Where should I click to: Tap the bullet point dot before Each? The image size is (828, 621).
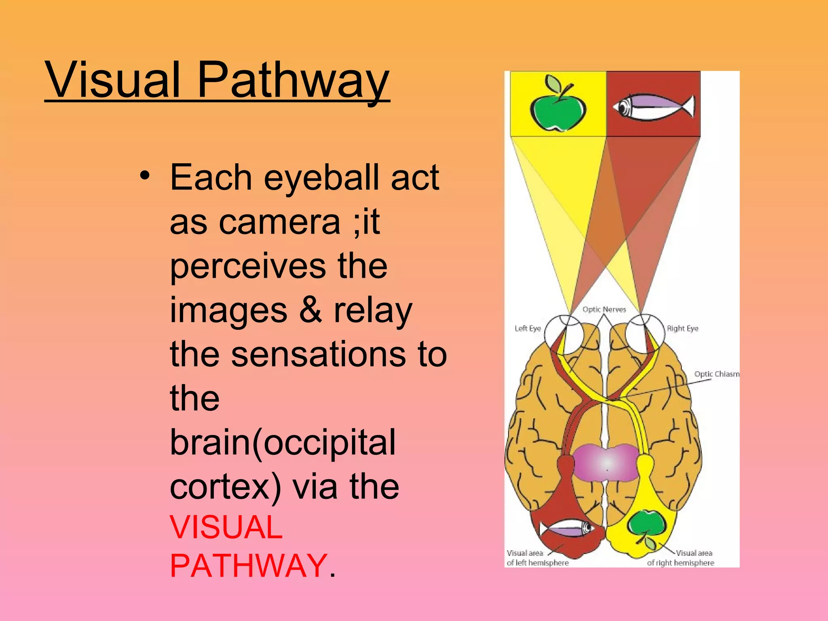point(145,176)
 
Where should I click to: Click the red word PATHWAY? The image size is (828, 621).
point(248,566)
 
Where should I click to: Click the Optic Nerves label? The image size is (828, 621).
point(604,309)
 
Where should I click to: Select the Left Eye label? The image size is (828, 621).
point(528,328)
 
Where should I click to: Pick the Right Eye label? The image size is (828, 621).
point(682,328)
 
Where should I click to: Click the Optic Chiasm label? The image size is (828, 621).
point(716,374)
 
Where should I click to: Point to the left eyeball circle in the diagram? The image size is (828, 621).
point(564,334)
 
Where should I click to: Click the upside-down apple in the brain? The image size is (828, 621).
point(647,526)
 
